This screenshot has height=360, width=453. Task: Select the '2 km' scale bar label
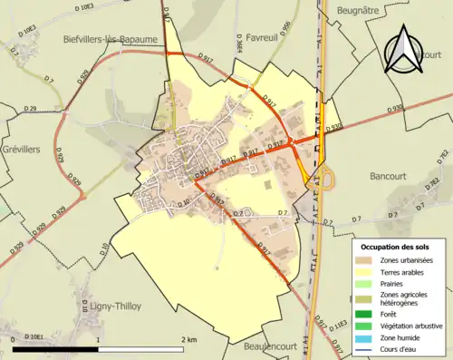tap(189, 340)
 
